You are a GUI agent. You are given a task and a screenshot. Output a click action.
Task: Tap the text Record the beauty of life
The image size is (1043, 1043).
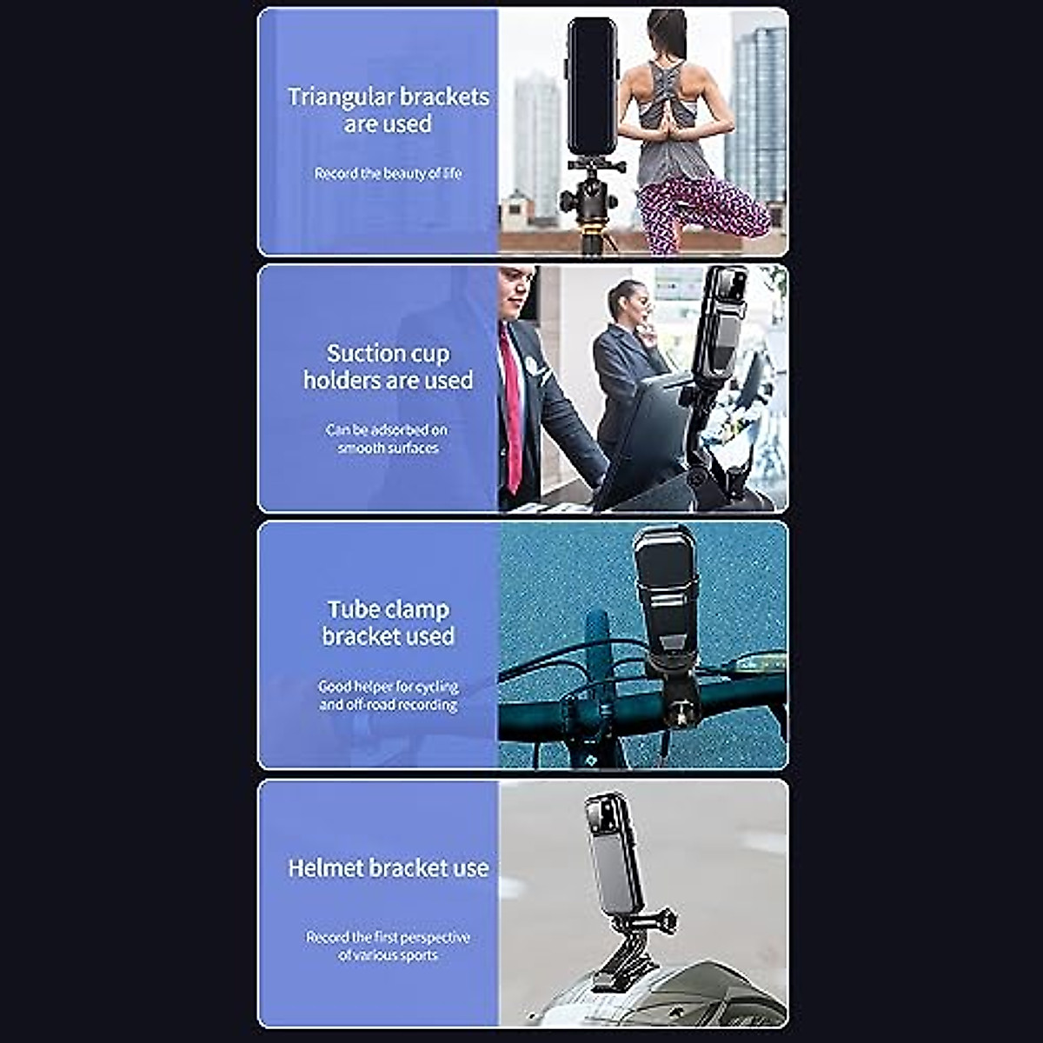click(388, 174)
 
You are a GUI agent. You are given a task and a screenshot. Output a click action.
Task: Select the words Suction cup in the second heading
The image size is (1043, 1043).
click(388, 354)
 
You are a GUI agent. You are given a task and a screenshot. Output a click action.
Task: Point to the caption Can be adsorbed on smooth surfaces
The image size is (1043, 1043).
click(388, 439)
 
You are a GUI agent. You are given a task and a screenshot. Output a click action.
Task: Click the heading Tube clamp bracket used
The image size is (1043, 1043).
click(388, 622)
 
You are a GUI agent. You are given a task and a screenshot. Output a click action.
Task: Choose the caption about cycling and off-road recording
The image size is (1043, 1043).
click(388, 695)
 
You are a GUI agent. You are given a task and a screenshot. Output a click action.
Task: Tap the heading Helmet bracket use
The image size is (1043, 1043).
click(388, 867)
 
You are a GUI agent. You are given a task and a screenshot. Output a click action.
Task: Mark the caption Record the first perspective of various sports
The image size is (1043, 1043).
click(388, 946)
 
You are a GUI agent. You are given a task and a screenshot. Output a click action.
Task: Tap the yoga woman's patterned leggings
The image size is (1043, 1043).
click(695, 213)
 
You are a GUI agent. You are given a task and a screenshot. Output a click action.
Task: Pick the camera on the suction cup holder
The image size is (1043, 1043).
click(720, 326)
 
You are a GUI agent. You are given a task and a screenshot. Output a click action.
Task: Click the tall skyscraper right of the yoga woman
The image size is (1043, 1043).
click(759, 113)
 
